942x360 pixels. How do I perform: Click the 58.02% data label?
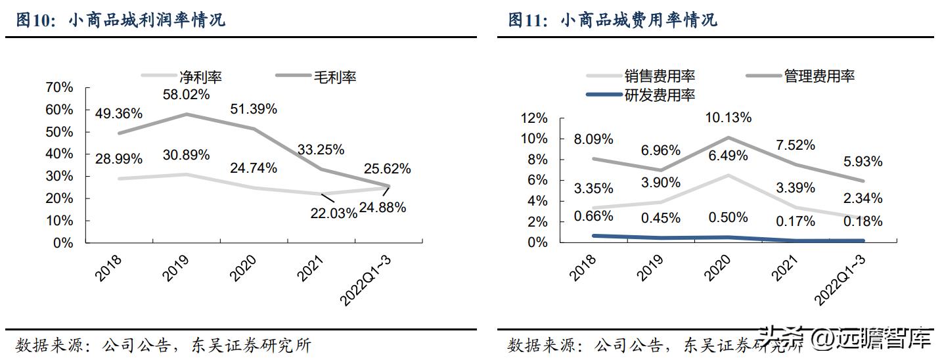tap(187, 95)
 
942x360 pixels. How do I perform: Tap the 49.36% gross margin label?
tap(118, 113)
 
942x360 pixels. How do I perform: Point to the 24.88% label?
tap(383, 208)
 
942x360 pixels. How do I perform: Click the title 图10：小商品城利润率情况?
tap(120, 20)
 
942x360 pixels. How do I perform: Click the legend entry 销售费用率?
tap(660, 76)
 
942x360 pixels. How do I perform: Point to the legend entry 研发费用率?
tap(660, 95)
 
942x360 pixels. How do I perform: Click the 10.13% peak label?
tap(729, 118)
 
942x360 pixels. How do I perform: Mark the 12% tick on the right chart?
tap(534, 118)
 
